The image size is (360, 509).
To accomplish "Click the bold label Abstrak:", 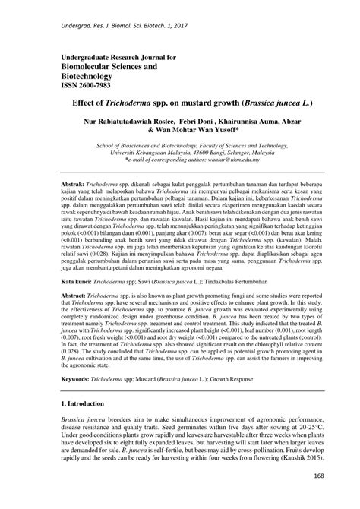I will [74, 185].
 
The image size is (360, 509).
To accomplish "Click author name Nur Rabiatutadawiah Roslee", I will [125, 121].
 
